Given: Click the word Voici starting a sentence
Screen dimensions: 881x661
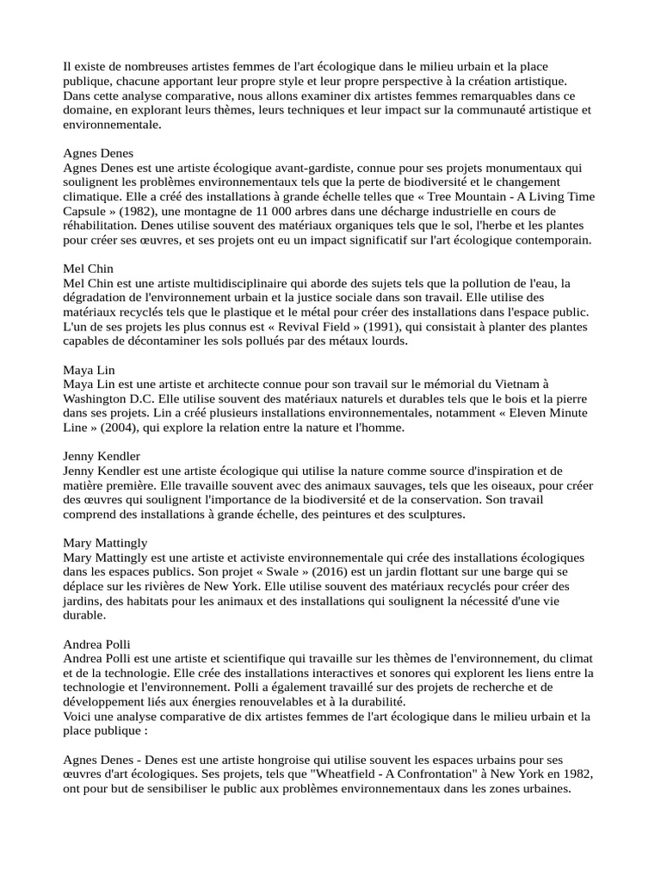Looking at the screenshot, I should pos(78,716).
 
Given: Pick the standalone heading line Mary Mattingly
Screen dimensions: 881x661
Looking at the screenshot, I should pos(105,544).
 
